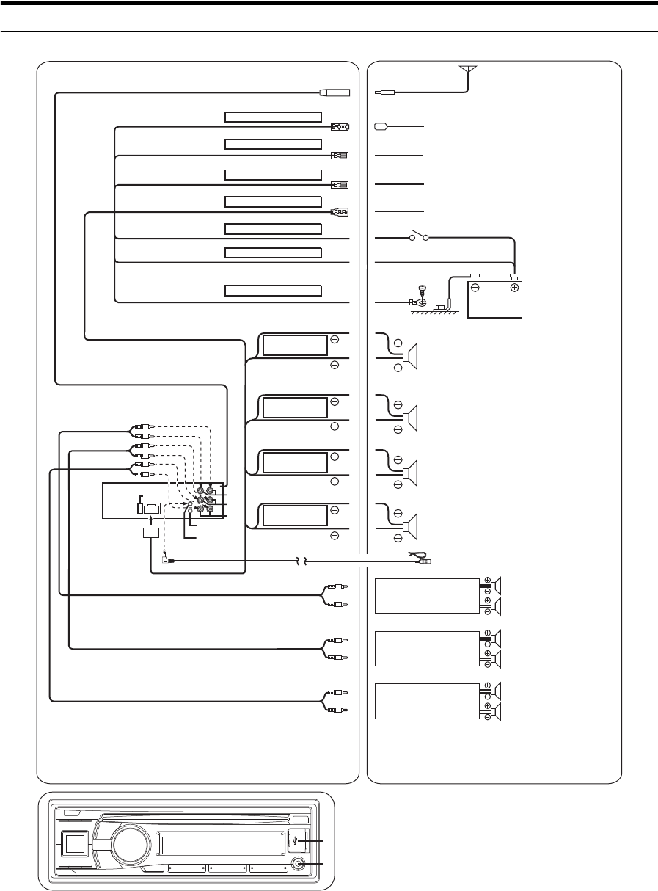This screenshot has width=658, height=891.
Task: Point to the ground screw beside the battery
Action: click(422, 298)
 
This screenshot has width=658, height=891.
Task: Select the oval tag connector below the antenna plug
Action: click(381, 126)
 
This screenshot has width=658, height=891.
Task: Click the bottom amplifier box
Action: click(423, 700)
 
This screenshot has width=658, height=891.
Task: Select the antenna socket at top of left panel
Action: click(335, 92)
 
